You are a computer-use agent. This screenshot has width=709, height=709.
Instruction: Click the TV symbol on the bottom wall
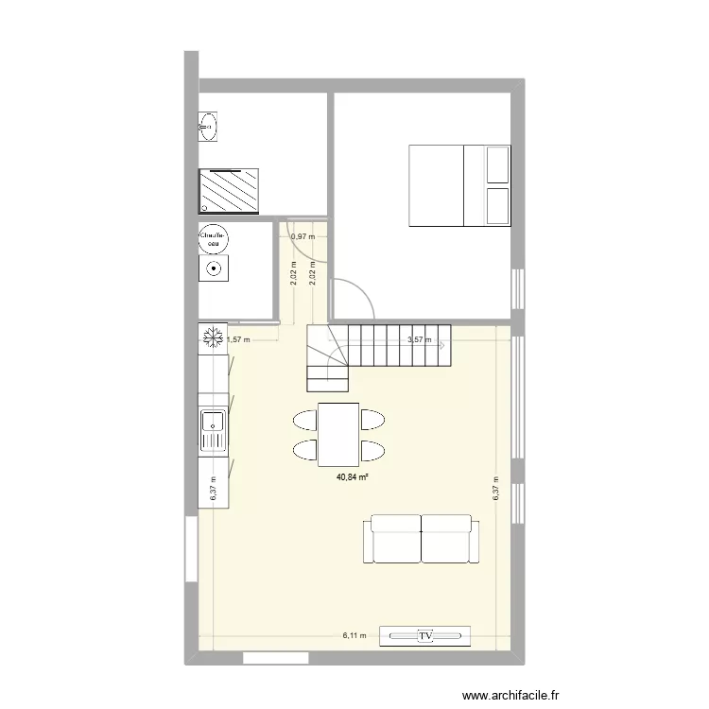[425, 636]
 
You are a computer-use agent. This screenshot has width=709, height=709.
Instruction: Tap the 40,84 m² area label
[352, 478]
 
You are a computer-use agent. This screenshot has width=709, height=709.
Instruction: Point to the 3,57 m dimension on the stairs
[418, 340]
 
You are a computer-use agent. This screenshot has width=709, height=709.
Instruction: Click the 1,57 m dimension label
[237, 340]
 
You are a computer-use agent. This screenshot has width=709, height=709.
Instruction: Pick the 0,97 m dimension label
[303, 236]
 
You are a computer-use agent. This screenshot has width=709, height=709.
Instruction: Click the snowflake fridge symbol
[214, 337]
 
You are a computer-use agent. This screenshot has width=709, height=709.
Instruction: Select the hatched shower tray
[228, 190]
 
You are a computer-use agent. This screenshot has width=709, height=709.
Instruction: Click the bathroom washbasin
[208, 126]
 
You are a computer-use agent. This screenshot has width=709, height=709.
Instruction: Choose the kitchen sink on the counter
[213, 430]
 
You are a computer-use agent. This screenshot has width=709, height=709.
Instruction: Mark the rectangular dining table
[338, 432]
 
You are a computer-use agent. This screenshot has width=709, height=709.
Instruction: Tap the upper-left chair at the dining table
[305, 418]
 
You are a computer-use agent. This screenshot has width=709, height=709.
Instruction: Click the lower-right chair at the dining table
[372, 448]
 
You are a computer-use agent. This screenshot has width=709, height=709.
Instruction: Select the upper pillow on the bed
[496, 166]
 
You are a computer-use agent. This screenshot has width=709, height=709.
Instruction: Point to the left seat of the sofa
[395, 539]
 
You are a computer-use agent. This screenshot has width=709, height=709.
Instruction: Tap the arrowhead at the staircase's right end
[442, 345]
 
